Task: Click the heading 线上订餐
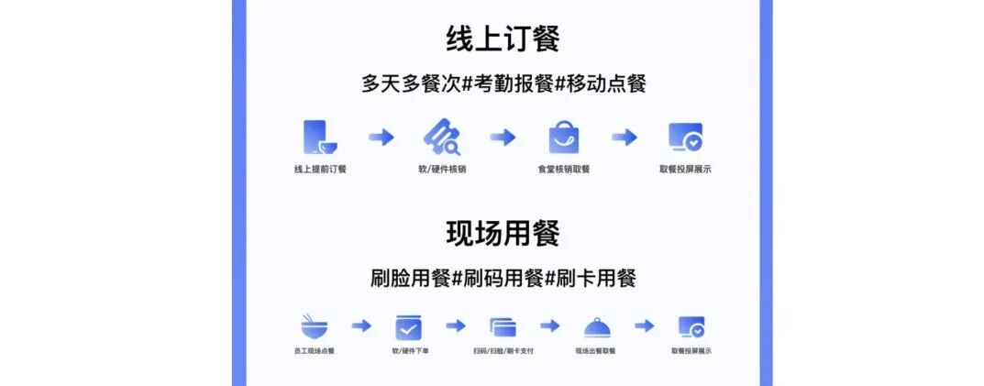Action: pos(503,39)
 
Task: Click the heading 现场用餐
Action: pos(503,234)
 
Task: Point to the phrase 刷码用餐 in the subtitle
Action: pos(503,277)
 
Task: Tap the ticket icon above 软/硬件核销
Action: pos(441,138)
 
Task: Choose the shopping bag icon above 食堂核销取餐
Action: pos(564,138)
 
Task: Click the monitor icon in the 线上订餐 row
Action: pos(685,138)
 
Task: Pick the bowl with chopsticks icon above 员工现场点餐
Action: pos(315,326)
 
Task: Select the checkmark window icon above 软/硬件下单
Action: pos(408,327)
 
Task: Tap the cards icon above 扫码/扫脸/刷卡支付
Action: pos(503,327)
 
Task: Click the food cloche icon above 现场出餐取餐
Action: pos(596,327)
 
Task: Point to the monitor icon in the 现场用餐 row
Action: pos(691,327)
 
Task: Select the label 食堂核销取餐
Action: pos(564,170)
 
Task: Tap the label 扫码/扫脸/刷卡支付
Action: pos(503,351)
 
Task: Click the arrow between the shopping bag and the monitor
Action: pos(625,138)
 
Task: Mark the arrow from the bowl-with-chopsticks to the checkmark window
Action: pos(361,326)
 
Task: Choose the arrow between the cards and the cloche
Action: pos(549,326)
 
